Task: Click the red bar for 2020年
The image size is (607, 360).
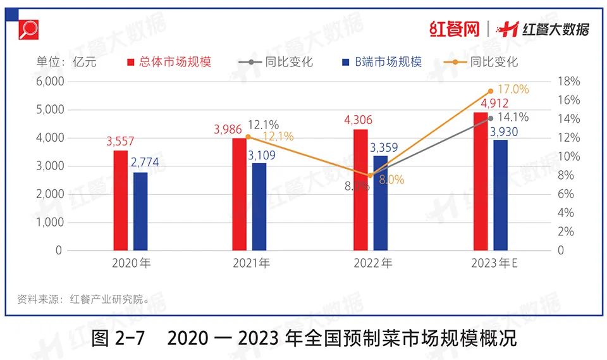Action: pos(121,201)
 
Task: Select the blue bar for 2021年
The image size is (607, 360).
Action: pos(259,207)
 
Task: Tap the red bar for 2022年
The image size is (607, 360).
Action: pos(361,190)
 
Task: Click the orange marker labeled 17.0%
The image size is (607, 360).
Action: pos(491,91)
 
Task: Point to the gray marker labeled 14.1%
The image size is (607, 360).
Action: pos(491,118)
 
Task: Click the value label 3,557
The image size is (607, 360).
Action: pos(120,141)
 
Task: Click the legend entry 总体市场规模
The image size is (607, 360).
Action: pos(169,62)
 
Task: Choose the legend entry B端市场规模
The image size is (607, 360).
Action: pos(381,62)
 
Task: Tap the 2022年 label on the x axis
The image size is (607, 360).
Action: pos(373,263)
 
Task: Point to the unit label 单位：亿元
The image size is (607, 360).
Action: pos(63,62)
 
